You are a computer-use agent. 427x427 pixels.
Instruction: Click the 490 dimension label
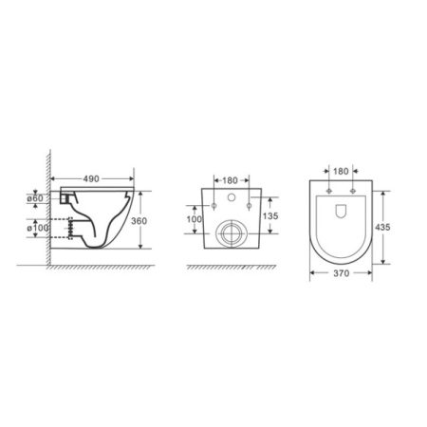[91, 179]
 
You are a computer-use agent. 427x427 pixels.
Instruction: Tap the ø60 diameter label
[35, 198]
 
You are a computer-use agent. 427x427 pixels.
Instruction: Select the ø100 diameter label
[38, 228]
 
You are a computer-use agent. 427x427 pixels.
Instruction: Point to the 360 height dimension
[139, 221]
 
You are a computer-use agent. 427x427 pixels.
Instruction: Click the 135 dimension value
[270, 216]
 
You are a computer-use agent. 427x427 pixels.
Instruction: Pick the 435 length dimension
[382, 227]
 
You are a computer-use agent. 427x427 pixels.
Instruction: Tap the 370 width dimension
[341, 273]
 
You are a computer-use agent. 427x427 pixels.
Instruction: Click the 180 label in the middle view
[230, 180]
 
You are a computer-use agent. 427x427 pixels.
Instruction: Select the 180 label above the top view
[341, 171]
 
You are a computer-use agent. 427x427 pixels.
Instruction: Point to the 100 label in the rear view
[194, 219]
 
